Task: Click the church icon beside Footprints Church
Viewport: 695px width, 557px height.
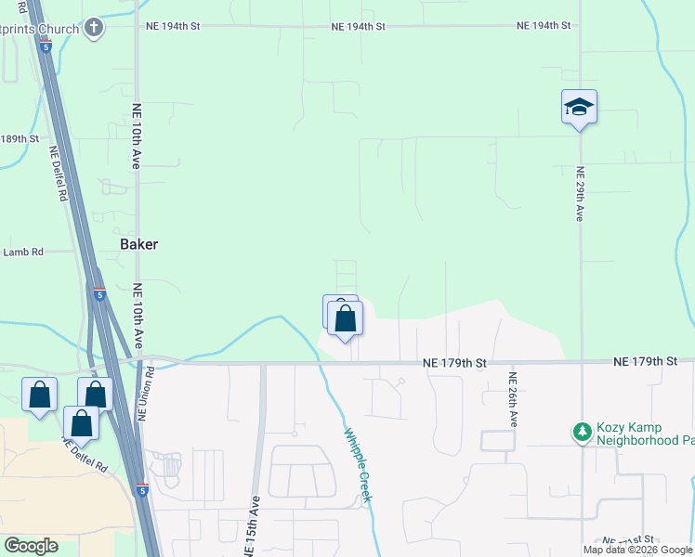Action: [x=93, y=27]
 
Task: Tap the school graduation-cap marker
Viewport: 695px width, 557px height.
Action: [x=579, y=108]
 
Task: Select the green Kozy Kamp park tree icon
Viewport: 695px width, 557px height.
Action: [x=583, y=431]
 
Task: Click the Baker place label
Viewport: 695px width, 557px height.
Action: [x=139, y=244]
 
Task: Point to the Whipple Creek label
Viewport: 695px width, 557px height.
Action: [x=358, y=464]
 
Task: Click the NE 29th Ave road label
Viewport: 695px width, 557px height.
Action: [x=580, y=193]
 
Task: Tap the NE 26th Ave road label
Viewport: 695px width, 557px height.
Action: [x=512, y=399]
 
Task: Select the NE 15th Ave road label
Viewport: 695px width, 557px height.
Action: [x=251, y=525]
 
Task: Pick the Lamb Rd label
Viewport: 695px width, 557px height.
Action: [x=23, y=252]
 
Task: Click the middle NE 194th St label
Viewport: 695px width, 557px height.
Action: [x=358, y=27]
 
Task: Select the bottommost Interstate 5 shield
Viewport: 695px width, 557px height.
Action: [x=141, y=489]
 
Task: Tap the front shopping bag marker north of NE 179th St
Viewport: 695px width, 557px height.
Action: [x=346, y=318]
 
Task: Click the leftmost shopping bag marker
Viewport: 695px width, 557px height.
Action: [x=40, y=395]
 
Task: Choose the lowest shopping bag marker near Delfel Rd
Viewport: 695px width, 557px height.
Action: [x=82, y=423]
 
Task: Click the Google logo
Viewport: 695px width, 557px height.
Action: [x=31, y=546]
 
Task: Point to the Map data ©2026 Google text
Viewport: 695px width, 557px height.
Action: [x=637, y=550]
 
